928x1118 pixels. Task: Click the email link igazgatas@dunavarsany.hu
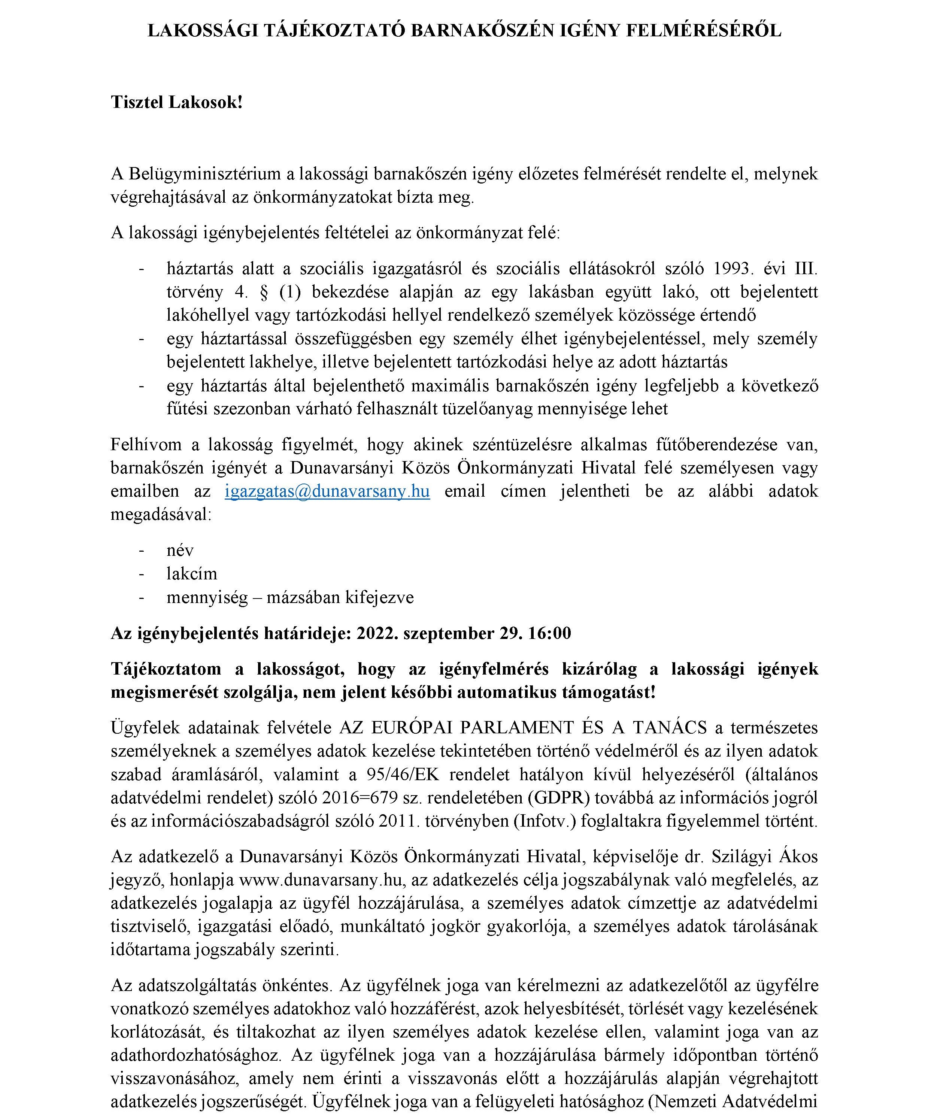327,491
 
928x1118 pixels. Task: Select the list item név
180,550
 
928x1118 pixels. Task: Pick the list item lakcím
192,573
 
